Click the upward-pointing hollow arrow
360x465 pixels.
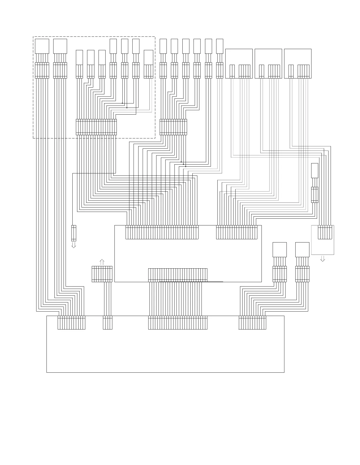tap(102, 262)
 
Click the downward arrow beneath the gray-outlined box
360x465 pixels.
tap(323, 259)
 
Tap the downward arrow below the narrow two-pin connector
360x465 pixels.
tap(74, 245)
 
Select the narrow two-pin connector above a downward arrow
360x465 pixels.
tap(74, 233)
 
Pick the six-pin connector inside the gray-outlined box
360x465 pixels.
tap(325, 232)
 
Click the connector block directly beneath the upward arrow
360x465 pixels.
tap(102, 274)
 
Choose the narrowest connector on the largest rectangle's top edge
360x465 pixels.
tap(108, 322)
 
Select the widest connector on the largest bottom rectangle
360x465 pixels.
tap(178, 322)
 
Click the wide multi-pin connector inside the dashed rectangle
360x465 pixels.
tap(96, 127)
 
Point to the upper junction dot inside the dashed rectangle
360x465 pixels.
tap(122, 103)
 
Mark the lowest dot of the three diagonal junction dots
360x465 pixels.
tap(186, 166)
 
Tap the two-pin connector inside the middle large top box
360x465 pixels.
tap(261, 71)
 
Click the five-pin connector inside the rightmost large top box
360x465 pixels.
tap(304, 71)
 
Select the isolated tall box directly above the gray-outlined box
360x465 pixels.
tap(315, 170)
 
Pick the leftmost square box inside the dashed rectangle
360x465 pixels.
tap(42, 46)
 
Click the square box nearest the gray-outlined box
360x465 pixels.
tap(302, 250)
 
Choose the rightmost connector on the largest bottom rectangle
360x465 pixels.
tap(252, 322)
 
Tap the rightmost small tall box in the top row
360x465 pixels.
tap(220, 46)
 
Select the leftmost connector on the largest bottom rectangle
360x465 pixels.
tap(71, 322)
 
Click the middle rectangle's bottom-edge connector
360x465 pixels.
tap(178, 275)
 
